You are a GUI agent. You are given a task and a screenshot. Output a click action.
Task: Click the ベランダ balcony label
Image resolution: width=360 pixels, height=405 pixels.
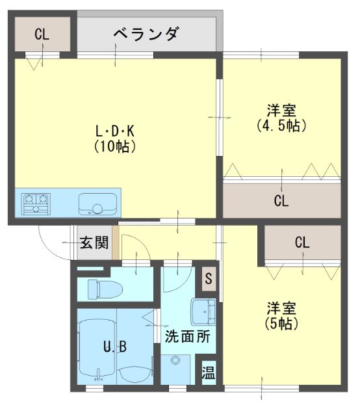coord(146,34)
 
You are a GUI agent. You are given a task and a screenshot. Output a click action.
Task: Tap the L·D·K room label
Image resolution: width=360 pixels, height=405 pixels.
coord(115,131)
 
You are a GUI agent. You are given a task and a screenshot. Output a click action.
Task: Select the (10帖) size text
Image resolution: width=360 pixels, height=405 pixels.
coord(114,147)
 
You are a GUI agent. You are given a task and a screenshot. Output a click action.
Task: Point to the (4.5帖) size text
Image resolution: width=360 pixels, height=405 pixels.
coord(281,125)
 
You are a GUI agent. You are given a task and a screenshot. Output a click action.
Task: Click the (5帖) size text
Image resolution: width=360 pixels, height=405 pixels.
coord(281,323)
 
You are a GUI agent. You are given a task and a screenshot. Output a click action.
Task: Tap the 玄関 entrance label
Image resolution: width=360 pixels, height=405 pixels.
coord(94,242)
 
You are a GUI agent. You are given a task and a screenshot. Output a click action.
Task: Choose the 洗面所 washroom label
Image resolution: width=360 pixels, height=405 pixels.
coord(188,337)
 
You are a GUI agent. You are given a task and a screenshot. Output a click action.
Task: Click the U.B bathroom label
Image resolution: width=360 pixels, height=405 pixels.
coord(115,346)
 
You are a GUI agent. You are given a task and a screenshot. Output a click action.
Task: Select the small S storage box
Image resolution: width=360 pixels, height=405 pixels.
coord(209,278)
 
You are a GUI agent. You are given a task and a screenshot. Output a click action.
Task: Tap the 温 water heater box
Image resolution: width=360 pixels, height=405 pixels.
coord(209,372)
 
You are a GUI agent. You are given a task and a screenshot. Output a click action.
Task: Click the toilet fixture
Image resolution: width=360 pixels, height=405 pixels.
coord(105,289)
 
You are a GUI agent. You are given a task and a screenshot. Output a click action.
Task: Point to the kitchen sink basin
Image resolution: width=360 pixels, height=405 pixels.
coord(97,203)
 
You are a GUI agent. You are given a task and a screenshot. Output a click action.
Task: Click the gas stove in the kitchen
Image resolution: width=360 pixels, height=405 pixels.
coord(36,204)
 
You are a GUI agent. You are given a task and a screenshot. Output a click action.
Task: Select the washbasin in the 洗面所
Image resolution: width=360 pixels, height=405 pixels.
coord(203,312)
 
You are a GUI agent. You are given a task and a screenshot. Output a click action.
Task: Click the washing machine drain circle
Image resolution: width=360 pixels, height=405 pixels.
coord(175,360)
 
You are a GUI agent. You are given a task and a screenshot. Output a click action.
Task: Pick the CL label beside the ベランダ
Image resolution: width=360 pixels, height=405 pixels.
coord(42,34)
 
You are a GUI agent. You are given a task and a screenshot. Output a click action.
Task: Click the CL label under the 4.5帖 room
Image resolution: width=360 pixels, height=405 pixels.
coord(281,201)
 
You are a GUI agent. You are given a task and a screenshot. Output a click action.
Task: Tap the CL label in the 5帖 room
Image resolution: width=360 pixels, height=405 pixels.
coord(302,242)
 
